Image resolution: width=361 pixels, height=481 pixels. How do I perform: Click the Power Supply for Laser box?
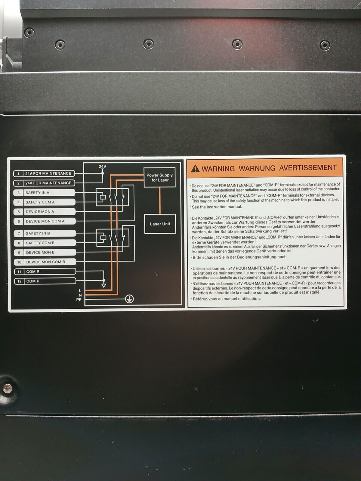point(159,177)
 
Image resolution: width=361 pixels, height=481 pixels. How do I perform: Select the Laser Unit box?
point(160,224)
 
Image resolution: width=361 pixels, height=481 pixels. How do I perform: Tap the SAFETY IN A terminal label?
point(44,193)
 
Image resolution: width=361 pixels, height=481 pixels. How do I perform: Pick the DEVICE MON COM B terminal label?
point(45,262)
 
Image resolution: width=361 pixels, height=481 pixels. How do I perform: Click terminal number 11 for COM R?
point(19,272)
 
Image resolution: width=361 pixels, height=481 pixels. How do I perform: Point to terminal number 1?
point(18,173)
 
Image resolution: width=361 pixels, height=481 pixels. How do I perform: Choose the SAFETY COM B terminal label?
point(45,243)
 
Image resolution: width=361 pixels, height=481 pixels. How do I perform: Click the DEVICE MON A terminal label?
point(45,212)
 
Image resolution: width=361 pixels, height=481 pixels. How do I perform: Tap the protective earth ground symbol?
point(129,299)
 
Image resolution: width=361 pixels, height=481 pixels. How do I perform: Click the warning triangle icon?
point(195,169)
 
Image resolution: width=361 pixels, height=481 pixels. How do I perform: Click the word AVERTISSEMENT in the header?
point(308,168)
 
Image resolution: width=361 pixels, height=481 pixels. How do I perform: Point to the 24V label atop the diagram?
point(102,166)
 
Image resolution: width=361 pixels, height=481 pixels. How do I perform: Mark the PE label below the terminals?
point(79,299)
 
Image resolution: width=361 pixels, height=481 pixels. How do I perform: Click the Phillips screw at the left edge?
point(8,389)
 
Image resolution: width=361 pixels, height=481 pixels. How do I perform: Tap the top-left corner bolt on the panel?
point(29,32)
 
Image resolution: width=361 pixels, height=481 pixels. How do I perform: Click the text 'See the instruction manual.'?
point(217,207)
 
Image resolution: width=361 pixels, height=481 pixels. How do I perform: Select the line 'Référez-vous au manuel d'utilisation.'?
point(227,299)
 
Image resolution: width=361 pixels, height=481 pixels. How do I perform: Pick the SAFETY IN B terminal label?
point(45,233)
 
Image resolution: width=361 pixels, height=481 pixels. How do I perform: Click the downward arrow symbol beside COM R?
point(104,285)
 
